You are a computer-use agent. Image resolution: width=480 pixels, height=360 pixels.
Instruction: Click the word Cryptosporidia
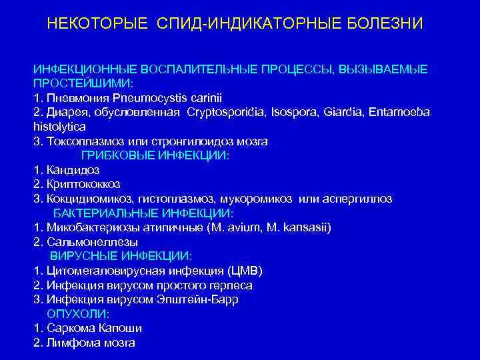coord(223,112)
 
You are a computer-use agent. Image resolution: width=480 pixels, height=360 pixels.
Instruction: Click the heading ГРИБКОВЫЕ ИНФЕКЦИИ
coord(155,155)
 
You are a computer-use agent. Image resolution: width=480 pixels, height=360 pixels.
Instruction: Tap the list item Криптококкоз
coord(83,184)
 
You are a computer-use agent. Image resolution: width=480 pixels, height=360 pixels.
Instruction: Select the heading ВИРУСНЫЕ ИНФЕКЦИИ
coord(121,256)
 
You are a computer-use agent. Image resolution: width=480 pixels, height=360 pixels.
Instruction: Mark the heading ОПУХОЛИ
coord(78,314)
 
